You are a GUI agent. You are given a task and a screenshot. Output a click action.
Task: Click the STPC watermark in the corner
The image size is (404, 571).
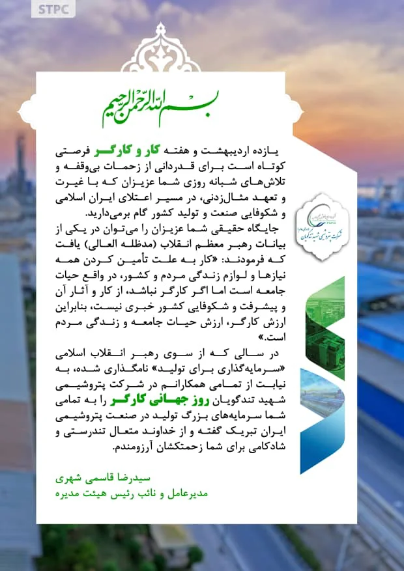tap(55, 10)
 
